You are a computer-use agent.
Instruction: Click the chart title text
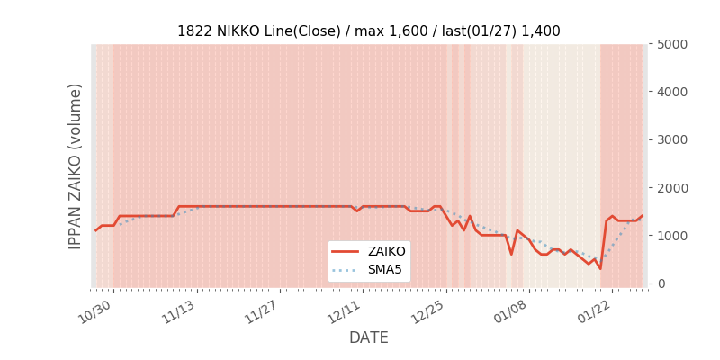click(x=368, y=31)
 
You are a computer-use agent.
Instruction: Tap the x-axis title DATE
click(x=368, y=337)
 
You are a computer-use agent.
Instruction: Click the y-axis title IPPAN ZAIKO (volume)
click(x=76, y=166)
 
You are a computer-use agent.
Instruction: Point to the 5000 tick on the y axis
click(x=670, y=44)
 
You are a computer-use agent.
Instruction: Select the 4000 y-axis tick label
click(x=670, y=92)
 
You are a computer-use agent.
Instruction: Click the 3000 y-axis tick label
click(x=670, y=139)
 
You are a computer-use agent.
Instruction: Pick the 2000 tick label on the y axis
click(x=670, y=188)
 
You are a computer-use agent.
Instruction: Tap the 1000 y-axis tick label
click(x=670, y=236)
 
